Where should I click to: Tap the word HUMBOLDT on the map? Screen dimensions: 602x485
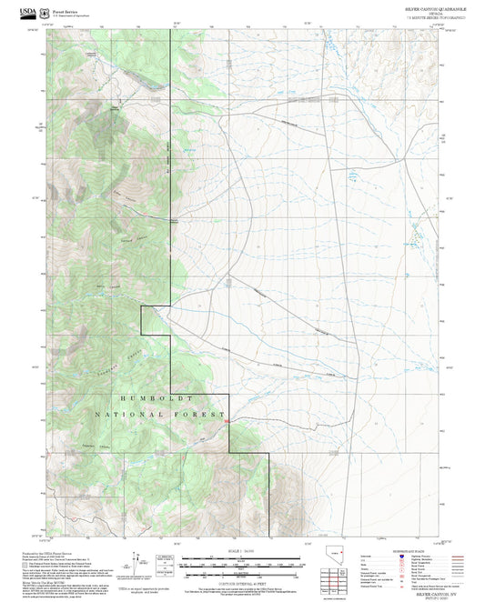coord(153,398)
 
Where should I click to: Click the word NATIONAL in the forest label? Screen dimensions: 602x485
coord(138,415)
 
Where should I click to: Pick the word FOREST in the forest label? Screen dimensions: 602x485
coord(207,415)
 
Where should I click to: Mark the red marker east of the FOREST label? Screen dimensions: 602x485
coord(227,420)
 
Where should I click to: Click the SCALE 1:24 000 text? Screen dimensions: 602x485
coord(241,551)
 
